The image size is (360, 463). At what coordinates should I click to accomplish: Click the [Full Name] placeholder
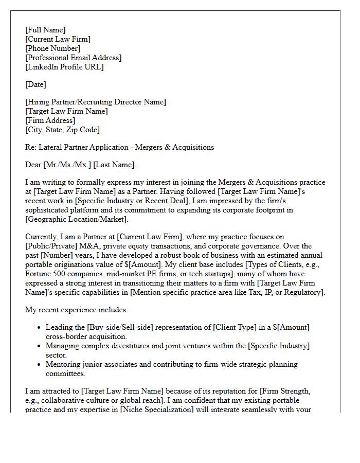pyautogui.click(x=45, y=30)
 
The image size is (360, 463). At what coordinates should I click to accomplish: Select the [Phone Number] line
pyautogui.click(x=52, y=48)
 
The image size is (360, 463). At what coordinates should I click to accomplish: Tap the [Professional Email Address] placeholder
pyautogui.click(x=74, y=58)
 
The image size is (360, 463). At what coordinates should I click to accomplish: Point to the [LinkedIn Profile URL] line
pyautogui.click(x=64, y=67)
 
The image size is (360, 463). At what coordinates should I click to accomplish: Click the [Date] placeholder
pyautogui.click(x=35, y=84)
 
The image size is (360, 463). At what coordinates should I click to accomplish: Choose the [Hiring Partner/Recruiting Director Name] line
pyautogui.click(x=96, y=102)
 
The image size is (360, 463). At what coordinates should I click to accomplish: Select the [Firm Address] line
pyautogui.click(x=50, y=120)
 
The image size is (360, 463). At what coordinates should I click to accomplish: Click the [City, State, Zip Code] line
pyautogui.click(x=62, y=130)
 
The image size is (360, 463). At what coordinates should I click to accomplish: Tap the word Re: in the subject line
pyautogui.click(x=31, y=147)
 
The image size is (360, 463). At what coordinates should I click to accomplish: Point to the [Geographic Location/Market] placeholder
pyautogui.click(x=76, y=219)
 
